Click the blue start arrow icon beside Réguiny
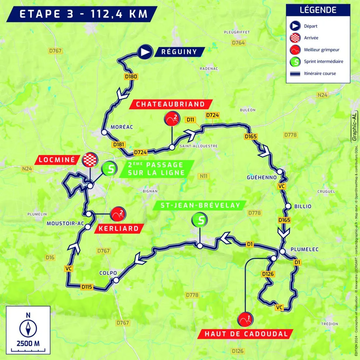[145, 52]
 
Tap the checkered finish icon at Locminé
[90, 160]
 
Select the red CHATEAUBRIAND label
[170, 104]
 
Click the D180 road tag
[131, 77]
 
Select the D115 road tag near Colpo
[87, 287]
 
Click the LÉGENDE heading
[318, 10]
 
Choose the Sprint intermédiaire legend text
[323, 62]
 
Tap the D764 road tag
[238, 43]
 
